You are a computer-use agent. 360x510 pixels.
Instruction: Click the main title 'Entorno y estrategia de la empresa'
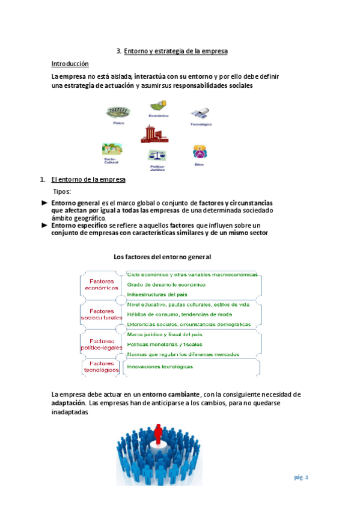coord(175,52)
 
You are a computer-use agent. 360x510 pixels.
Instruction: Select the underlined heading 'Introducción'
coord(70,64)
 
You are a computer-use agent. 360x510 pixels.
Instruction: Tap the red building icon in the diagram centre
coord(154,134)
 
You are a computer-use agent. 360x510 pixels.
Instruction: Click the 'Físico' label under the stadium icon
coord(118,123)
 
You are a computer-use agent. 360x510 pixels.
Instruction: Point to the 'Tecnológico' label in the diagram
coord(201,124)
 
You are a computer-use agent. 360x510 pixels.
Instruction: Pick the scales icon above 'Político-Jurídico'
coord(157,156)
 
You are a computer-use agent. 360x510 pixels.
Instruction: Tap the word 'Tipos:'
coord(62,192)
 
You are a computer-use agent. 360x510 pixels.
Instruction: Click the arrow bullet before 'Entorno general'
coord(44,203)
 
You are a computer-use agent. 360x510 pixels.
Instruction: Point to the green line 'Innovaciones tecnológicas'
coord(160,366)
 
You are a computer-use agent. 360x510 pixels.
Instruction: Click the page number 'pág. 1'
coord(301,478)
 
